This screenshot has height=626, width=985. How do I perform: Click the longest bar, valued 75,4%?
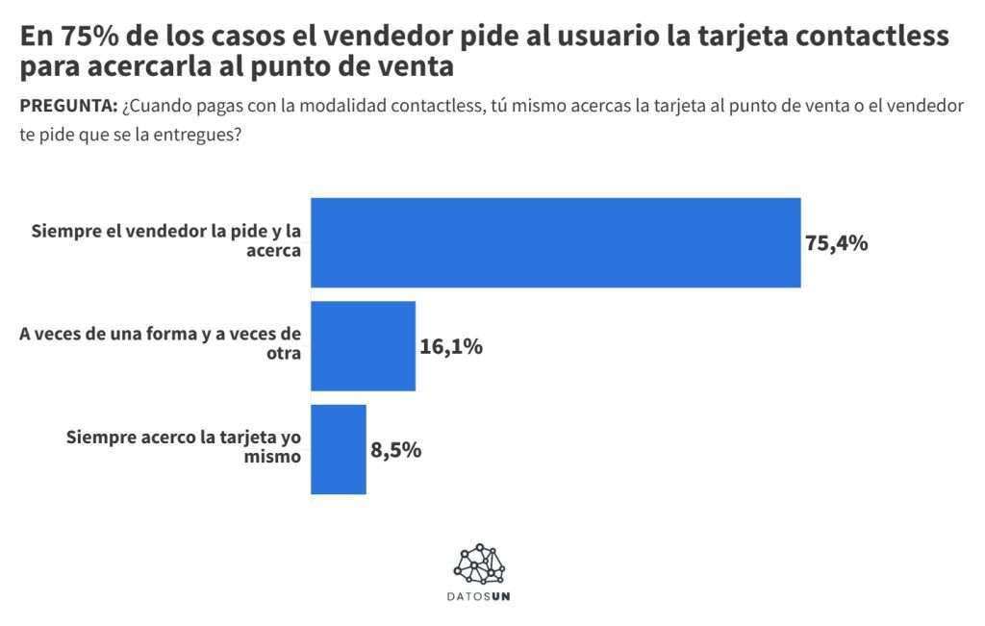(555, 242)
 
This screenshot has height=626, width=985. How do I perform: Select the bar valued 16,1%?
(363, 346)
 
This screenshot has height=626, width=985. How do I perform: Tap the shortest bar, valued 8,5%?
(339, 449)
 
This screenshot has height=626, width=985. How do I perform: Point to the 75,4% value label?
(837, 243)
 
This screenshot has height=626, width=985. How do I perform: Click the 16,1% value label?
(451, 346)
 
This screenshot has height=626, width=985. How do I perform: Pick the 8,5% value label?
(396, 449)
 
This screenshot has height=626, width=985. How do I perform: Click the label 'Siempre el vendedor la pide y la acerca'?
(165, 240)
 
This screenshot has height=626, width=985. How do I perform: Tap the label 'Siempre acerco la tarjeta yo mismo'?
(184, 446)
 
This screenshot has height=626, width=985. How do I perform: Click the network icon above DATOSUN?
(481, 564)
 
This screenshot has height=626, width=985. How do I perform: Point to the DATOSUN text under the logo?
(480, 597)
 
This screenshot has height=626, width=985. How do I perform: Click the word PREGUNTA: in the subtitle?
(68, 106)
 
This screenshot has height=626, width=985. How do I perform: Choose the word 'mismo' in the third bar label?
(277, 457)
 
